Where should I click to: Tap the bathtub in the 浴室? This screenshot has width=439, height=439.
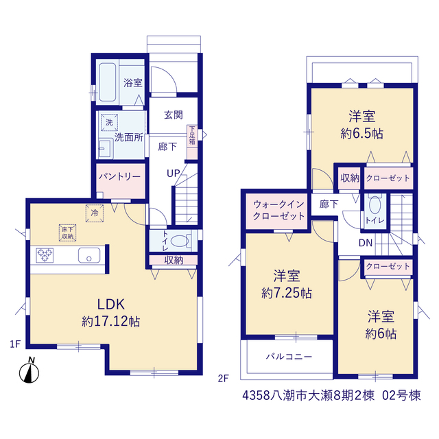click(107, 82)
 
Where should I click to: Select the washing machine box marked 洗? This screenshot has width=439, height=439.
click(109, 122)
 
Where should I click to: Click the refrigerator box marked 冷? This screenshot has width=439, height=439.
click(95, 213)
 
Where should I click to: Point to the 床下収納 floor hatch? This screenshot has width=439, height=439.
click(67, 233)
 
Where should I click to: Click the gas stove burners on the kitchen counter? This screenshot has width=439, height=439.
click(45, 255)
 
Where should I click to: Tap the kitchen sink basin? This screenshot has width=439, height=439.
click(89, 255)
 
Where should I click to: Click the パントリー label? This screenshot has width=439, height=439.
click(120, 177)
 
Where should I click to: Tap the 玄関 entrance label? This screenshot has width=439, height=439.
click(174, 115)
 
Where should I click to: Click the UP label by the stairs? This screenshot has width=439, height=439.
click(174, 174)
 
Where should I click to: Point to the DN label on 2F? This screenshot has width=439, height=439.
click(366, 243)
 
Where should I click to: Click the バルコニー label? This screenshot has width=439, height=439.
click(289, 357)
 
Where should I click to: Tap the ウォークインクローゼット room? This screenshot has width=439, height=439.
click(278, 211)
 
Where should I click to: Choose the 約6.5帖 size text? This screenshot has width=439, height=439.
click(361, 134)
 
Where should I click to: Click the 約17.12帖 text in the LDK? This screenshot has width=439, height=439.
click(111, 322)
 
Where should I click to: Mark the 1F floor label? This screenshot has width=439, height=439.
click(15, 344)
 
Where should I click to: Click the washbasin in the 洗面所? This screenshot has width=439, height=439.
click(106, 148)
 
